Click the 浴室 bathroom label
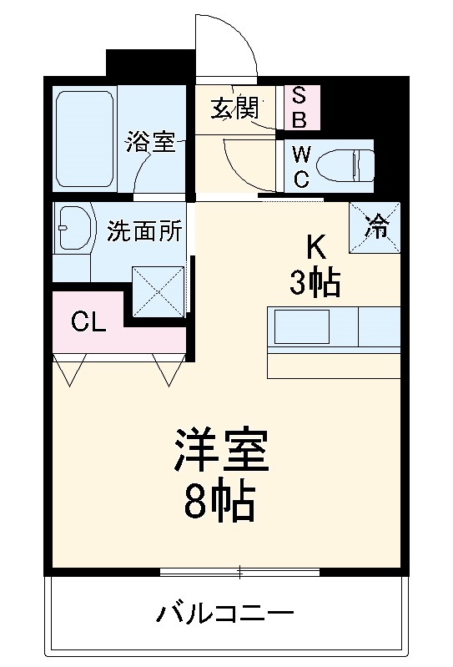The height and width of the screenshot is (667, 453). [150, 142]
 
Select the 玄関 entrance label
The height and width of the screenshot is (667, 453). [234, 109]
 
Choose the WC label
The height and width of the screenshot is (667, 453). [301, 165]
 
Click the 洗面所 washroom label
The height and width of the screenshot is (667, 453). [143, 231]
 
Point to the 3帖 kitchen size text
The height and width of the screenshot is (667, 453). [315, 284]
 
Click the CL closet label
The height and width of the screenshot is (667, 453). [88, 321]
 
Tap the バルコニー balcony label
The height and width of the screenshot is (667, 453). [226, 616]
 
